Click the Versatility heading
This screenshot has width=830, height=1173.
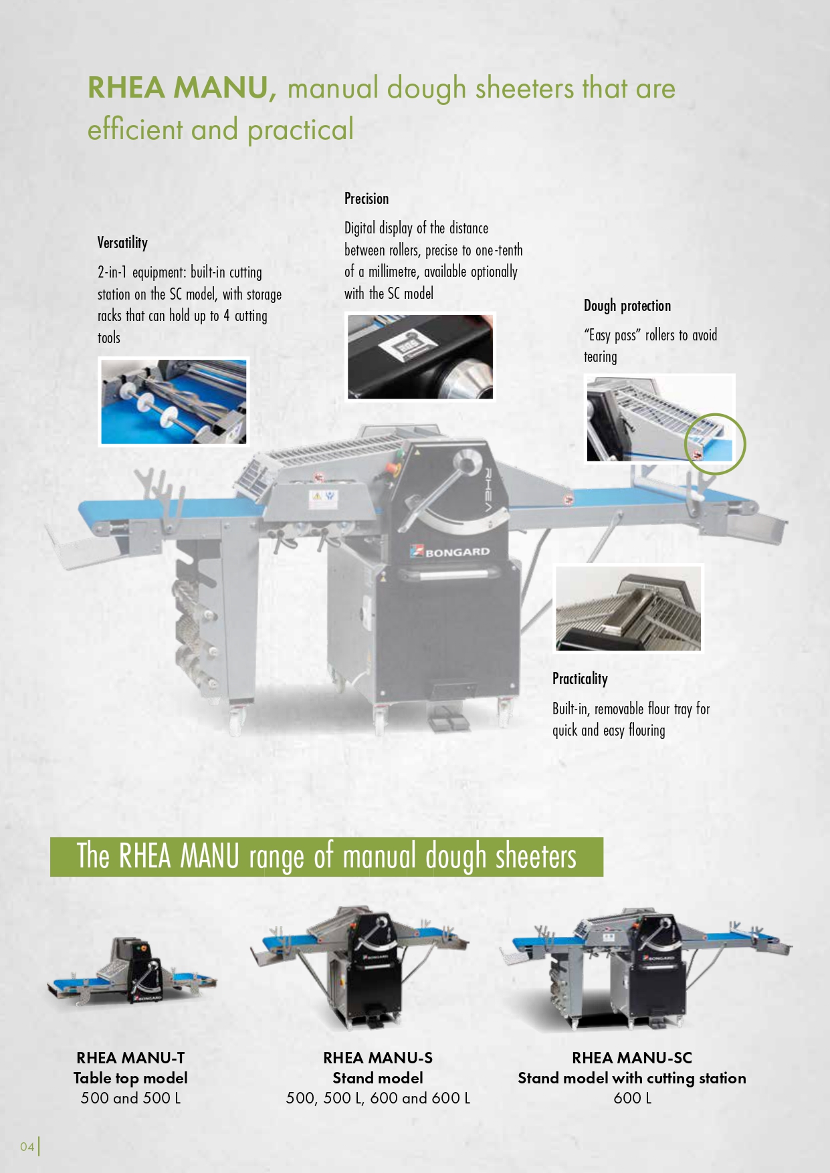coord(122,243)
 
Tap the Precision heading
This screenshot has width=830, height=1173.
coord(367,199)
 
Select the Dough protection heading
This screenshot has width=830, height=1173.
coord(627,306)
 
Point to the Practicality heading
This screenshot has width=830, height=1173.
coord(580,679)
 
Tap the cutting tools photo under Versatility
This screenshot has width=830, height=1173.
coord(174,401)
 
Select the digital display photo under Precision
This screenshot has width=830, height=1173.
coord(420,356)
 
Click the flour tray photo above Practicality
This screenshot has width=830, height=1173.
coord(629,608)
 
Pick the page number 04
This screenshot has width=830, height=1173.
coord(27,1146)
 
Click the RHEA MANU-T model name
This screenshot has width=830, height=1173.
coord(130,1057)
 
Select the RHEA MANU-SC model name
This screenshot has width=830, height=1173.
coord(632,1057)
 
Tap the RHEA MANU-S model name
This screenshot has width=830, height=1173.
coord(378,1057)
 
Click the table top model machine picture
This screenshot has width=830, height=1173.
coord(132,970)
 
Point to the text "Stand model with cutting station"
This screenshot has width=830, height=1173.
coord(632,1078)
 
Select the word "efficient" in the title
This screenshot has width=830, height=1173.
coord(135,129)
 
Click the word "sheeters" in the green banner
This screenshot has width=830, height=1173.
coord(536,857)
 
